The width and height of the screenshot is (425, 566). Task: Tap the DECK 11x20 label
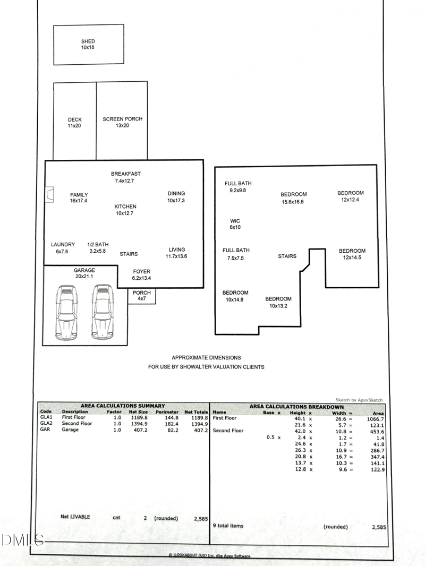tap(75, 123)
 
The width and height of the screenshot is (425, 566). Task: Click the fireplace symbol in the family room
tap(49, 194)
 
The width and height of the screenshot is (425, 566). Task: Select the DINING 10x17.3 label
tap(176, 197)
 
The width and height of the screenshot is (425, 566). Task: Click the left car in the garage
tap(66, 313)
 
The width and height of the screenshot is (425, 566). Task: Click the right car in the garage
tap(102, 313)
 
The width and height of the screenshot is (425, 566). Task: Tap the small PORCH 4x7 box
tap(141, 296)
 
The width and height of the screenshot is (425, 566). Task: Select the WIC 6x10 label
tap(235, 224)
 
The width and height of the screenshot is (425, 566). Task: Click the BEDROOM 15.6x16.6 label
tap(294, 198)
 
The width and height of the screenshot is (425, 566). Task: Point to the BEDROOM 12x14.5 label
tap(352, 254)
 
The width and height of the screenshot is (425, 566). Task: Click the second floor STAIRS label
tap(287, 256)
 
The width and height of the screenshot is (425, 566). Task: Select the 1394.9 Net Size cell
tap(139, 424)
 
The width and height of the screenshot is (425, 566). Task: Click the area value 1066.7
tap(376, 419)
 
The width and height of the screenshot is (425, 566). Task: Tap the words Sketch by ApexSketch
tap(359, 400)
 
